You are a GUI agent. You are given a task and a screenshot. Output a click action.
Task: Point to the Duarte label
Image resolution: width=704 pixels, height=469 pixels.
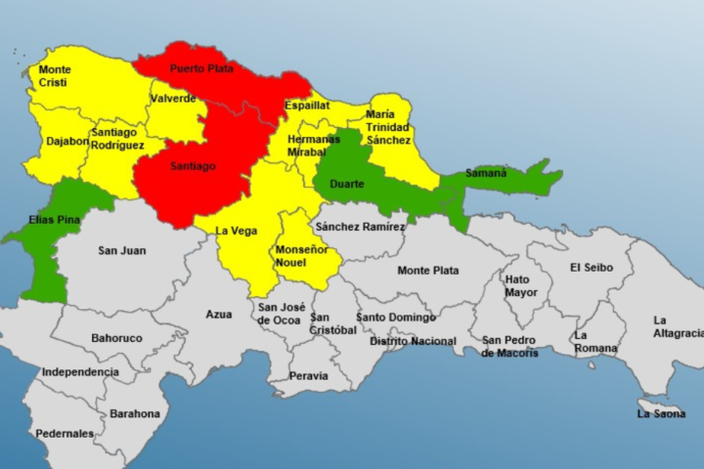click(x=348, y=184)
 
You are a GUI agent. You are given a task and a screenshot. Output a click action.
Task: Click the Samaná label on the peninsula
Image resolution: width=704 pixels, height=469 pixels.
click(x=486, y=173)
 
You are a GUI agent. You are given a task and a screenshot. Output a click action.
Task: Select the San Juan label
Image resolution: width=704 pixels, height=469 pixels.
click(x=122, y=251)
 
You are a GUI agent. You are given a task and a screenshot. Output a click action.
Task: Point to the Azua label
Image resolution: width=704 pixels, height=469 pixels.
click(x=219, y=315)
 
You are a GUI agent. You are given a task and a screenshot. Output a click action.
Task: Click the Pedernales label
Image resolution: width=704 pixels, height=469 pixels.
click(x=65, y=433)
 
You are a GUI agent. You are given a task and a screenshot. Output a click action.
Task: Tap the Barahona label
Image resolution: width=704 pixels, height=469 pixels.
click(x=135, y=413)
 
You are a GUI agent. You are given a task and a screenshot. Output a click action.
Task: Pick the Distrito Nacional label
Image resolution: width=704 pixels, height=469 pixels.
click(x=413, y=341)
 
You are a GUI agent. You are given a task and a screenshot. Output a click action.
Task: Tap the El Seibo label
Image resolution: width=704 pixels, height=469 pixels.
click(x=590, y=267)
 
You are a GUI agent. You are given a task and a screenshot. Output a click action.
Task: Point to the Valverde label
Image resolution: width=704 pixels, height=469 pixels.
click(x=172, y=98)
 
